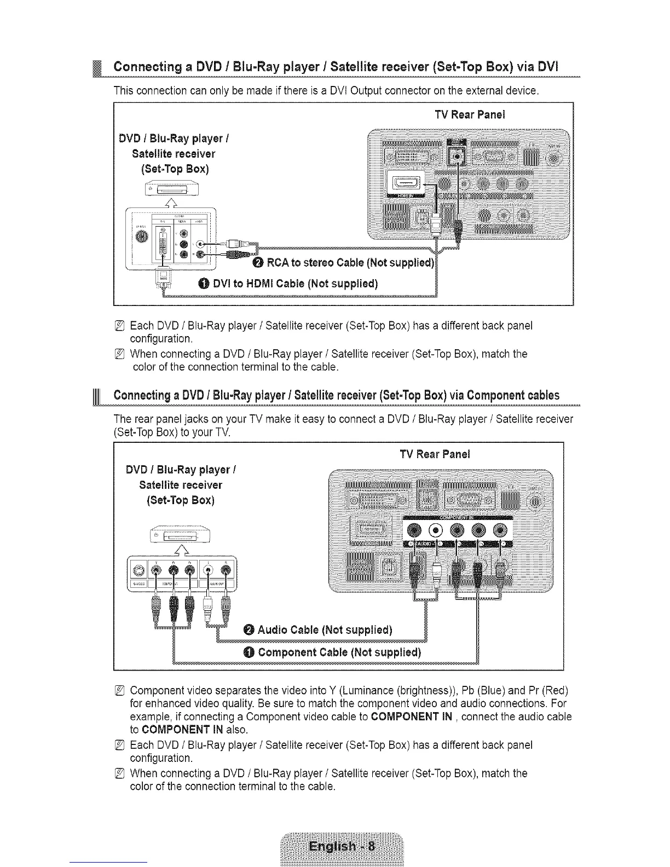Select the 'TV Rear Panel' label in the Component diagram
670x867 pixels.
[x=435, y=454]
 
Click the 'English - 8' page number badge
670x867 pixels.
[x=342, y=847]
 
